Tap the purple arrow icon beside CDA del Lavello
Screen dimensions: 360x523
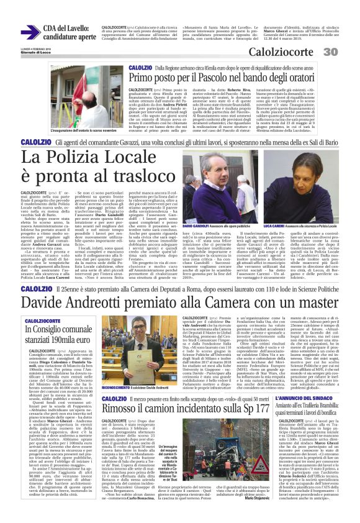(29, 32)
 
